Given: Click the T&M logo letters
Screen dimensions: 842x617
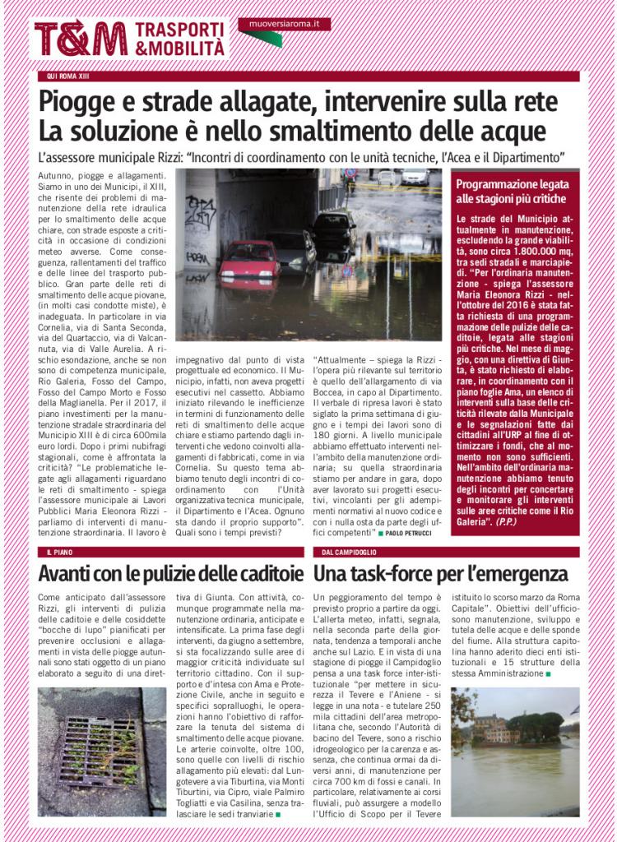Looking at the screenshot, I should pyautogui.click(x=81, y=38).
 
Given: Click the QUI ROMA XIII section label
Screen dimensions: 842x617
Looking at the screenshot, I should pyautogui.click(x=68, y=76).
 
